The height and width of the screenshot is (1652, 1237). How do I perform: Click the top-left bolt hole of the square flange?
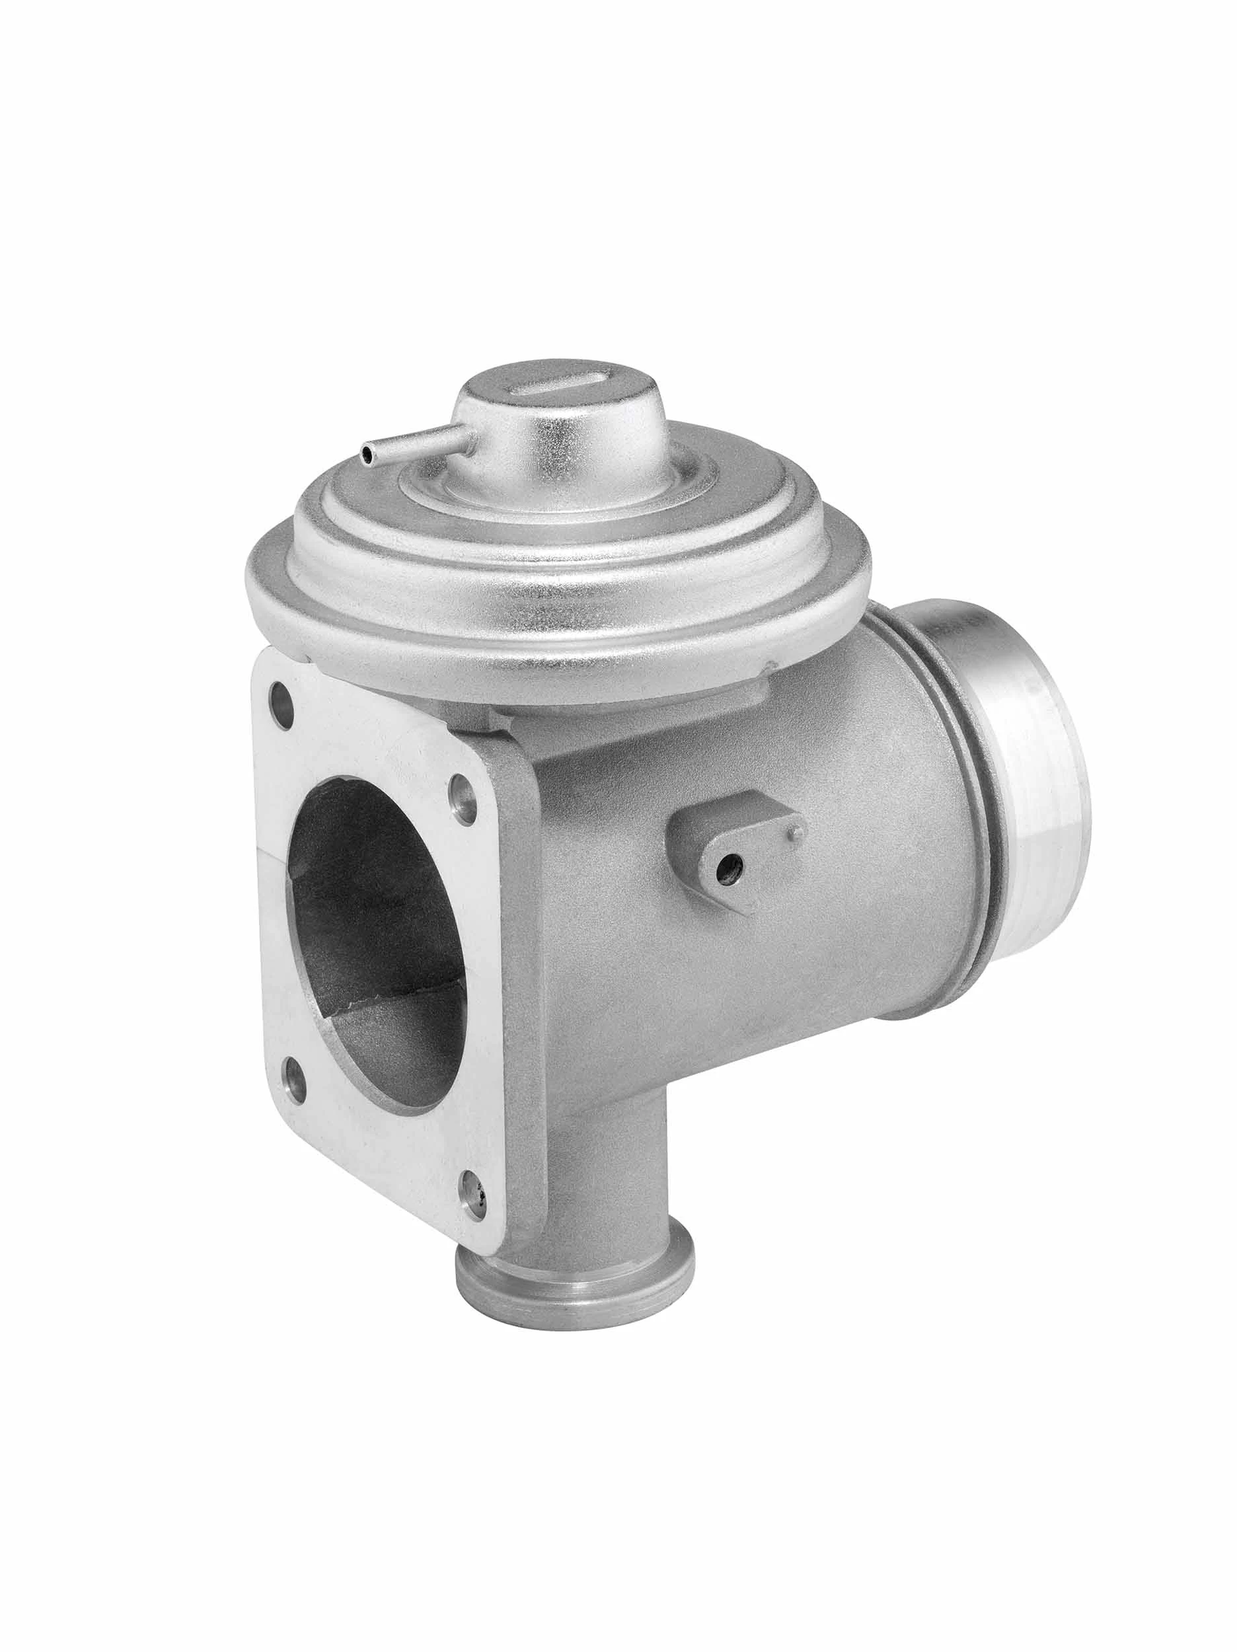280,695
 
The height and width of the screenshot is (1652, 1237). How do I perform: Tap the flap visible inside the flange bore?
396,997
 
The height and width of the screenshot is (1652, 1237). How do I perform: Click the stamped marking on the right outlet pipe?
963,624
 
